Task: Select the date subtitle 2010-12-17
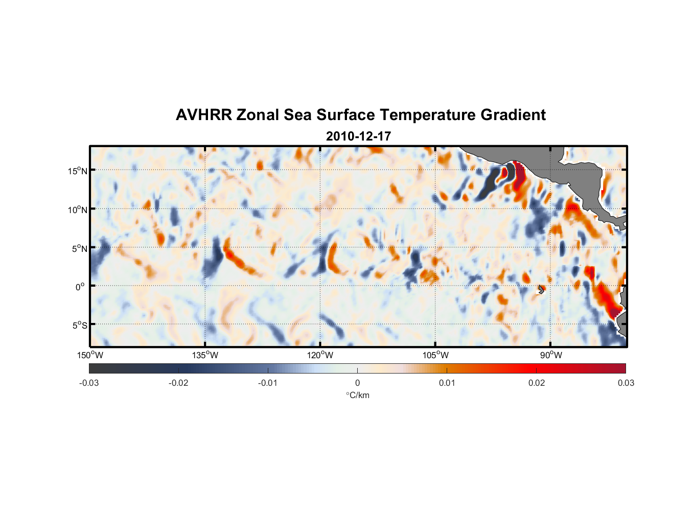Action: click(x=358, y=136)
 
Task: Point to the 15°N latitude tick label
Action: click(x=78, y=171)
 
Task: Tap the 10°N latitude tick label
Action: click(x=78, y=210)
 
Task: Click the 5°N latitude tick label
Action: click(x=79, y=248)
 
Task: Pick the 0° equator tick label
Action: click(x=80, y=287)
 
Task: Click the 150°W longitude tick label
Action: click(x=90, y=355)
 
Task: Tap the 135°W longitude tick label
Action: click(x=205, y=355)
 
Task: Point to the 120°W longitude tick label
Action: click(x=320, y=355)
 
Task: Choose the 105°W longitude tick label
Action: click(x=435, y=355)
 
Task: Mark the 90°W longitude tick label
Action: click(x=550, y=355)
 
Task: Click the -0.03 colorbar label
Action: click(x=89, y=383)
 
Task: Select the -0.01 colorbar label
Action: click(x=268, y=383)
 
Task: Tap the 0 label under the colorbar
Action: click(x=357, y=383)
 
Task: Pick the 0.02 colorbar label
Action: click(x=537, y=383)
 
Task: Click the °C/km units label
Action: click(x=358, y=395)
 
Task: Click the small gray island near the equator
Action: click(x=541, y=289)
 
